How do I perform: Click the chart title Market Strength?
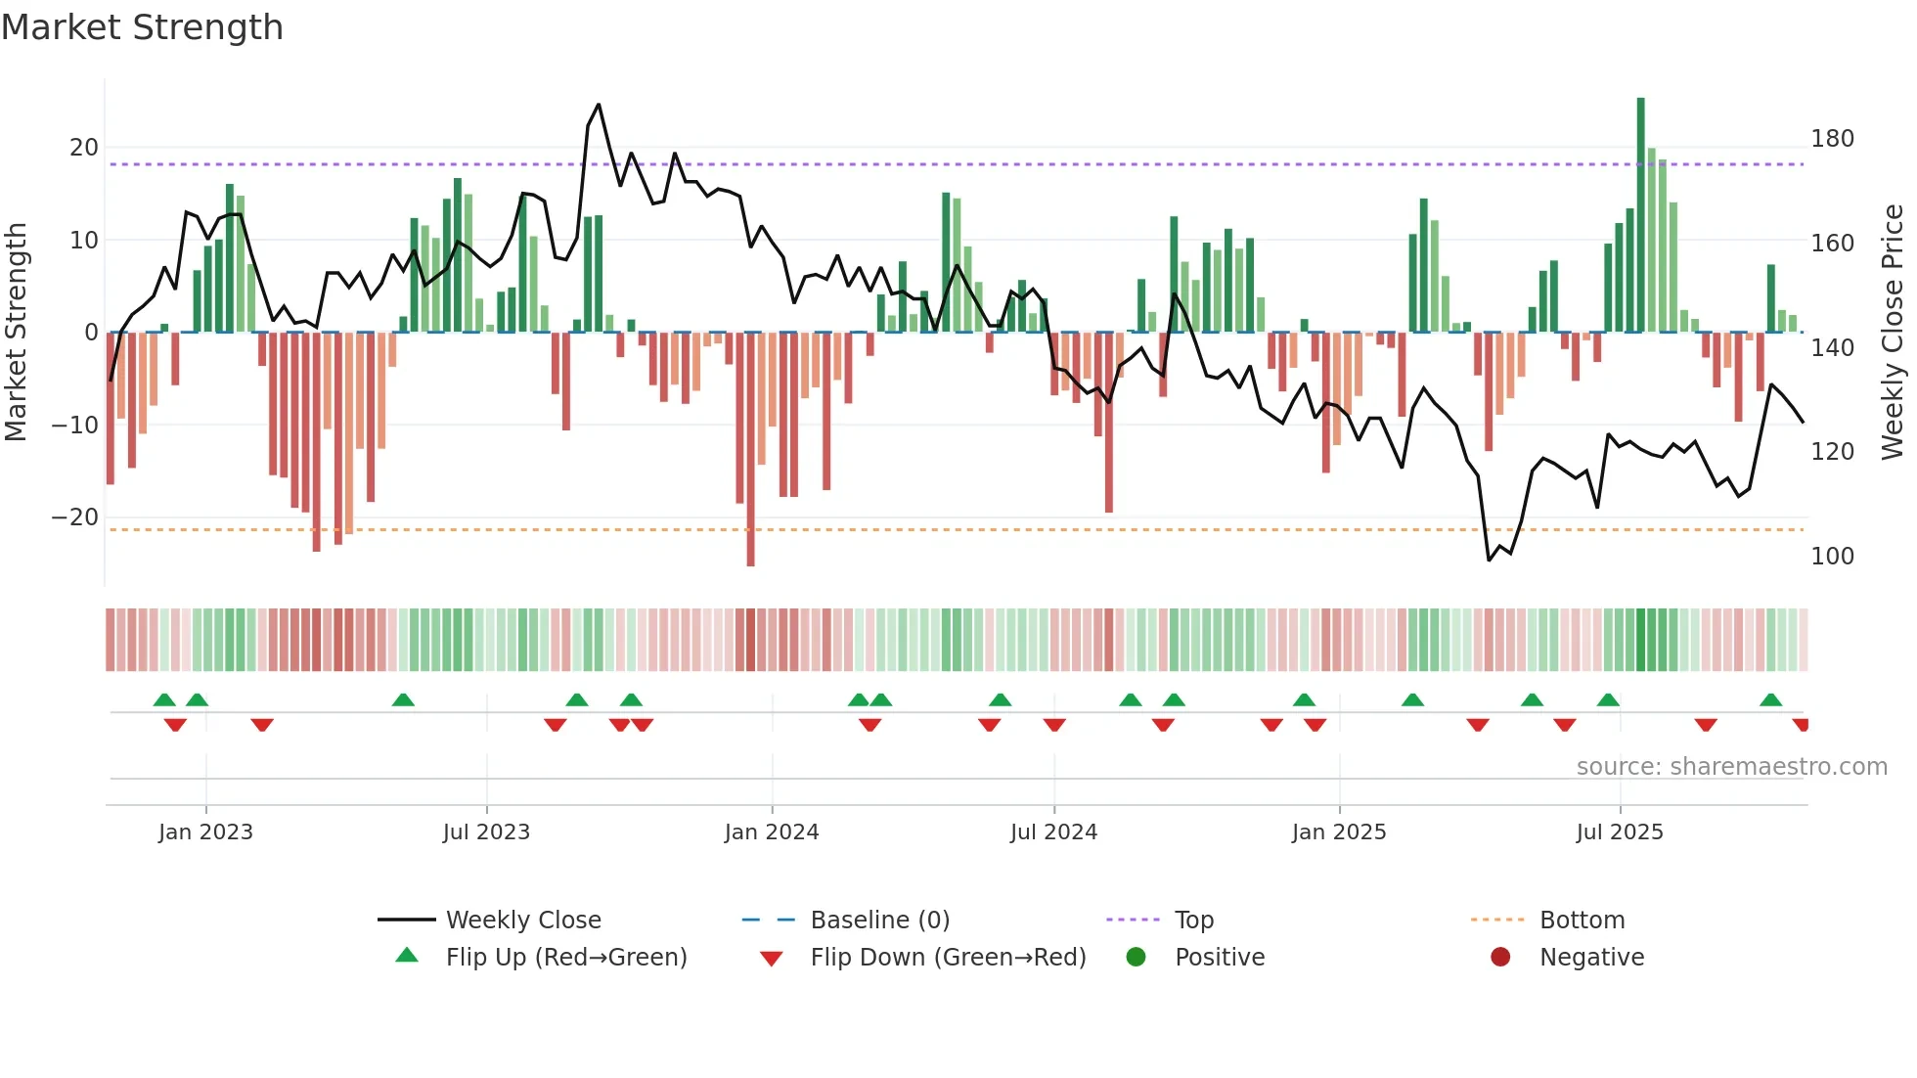pos(143,27)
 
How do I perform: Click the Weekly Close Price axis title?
pos(1893,332)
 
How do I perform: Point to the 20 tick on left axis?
pos(84,148)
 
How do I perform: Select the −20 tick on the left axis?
pos(76,517)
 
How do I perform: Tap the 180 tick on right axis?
pos(1832,139)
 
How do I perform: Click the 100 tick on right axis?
pos(1832,557)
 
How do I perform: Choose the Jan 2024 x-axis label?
pos(772,832)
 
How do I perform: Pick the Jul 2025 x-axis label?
pos(1620,832)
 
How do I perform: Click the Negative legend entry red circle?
pos(1500,958)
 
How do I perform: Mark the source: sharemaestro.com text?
pos(1731,767)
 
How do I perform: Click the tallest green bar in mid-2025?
pos(1641,215)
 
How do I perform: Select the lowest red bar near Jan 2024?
pos(750,450)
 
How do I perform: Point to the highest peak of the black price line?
pos(599,105)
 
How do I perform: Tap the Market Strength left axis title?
pos(16,332)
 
